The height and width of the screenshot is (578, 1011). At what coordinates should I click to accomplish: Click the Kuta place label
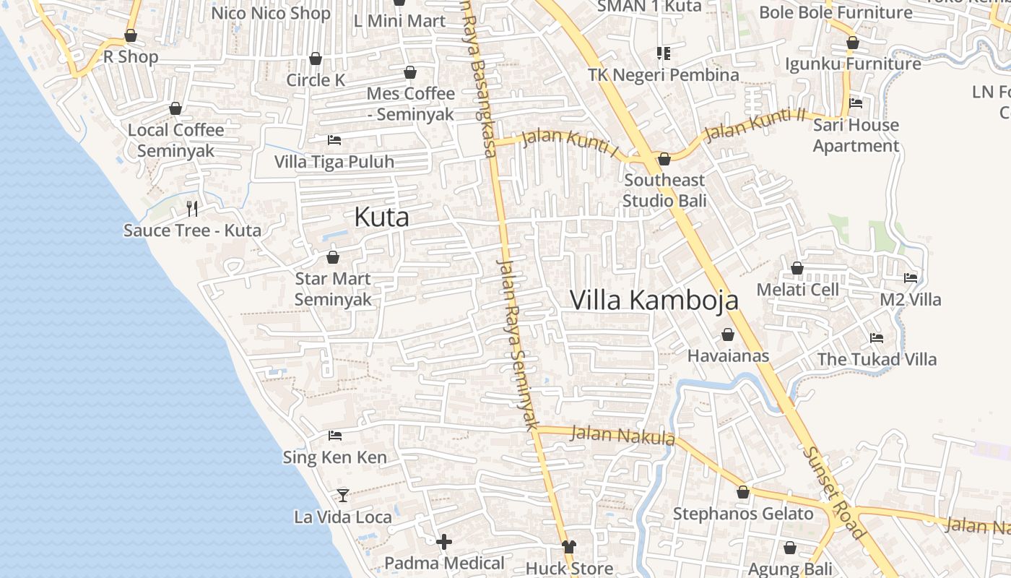(x=381, y=217)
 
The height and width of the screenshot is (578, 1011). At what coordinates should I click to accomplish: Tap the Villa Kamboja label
(x=654, y=300)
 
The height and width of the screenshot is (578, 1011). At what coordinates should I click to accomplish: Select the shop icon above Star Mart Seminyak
(x=333, y=257)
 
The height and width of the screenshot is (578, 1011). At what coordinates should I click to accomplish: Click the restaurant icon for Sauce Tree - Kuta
(x=192, y=209)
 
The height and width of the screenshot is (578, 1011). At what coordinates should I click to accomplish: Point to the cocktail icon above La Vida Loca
(x=343, y=496)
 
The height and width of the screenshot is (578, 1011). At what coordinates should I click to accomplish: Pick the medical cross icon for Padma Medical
(x=444, y=541)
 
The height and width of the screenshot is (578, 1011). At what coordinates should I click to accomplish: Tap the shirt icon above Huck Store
(x=569, y=547)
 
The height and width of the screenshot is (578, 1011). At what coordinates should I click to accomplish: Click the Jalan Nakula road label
(x=622, y=436)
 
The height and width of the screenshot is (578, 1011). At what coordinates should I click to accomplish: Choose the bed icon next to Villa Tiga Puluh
(x=334, y=139)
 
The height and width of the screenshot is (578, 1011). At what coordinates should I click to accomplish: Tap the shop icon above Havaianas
(x=728, y=335)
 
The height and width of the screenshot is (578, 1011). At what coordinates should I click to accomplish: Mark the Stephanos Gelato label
(x=743, y=514)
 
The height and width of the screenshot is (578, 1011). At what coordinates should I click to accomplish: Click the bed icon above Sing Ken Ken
(x=335, y=436)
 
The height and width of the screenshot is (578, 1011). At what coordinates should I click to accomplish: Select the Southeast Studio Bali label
(x=664, y=190)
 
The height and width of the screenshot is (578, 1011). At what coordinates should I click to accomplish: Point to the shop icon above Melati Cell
(x=797, y=268)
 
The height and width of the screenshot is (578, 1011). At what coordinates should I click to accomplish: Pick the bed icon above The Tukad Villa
(x=877, y=337)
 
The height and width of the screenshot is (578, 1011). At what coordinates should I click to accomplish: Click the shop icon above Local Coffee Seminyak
(x=175, y=108)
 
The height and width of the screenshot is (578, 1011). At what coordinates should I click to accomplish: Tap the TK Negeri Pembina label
(x=664, y=75)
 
